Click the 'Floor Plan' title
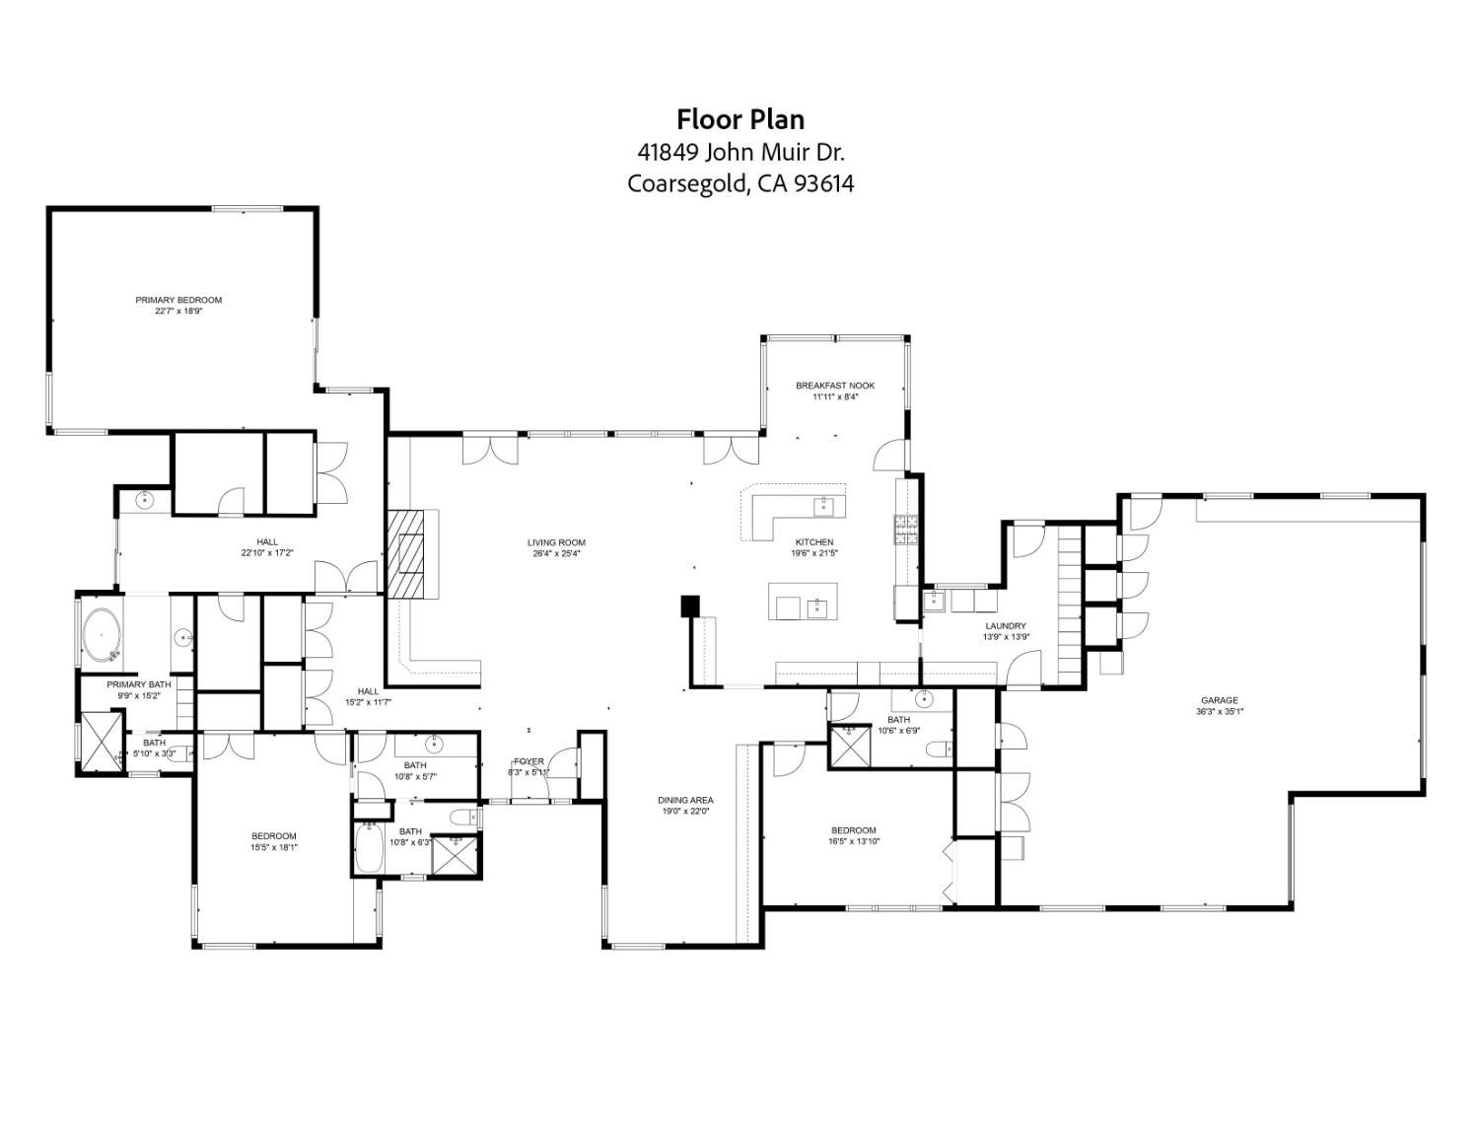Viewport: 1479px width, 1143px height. pyautogui.click(x=739, y=119)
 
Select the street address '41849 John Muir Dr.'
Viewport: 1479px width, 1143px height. pyautogui.click(x=739, y=152)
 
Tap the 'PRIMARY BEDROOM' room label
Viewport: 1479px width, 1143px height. pyautogui.click(x=178, y=300)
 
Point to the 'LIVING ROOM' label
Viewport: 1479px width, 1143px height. pyautogui.click(x=556, y=542)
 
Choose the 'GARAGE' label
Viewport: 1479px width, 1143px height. pyautogui.click(x=1219, y=700)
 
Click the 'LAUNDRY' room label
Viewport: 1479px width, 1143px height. pyautogui.click(x=1006, y=625)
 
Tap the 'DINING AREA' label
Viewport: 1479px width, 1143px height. pyautogui.click(x=685, y=800)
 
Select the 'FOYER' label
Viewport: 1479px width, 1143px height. pyautogui.click(x=528, y=761)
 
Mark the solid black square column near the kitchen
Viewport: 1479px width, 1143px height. pyautogui.click(x=690, y=606)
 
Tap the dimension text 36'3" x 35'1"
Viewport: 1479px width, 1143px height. pyautogui.click(x=1219, y=711)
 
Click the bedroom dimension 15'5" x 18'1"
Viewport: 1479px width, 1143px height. pyautogui.click(x=273, y=846)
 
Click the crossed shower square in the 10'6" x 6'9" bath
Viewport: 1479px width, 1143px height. pyautogui.click(x=848, y=746)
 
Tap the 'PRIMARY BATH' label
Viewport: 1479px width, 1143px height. pyautogui.click(x=139, y=684)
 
